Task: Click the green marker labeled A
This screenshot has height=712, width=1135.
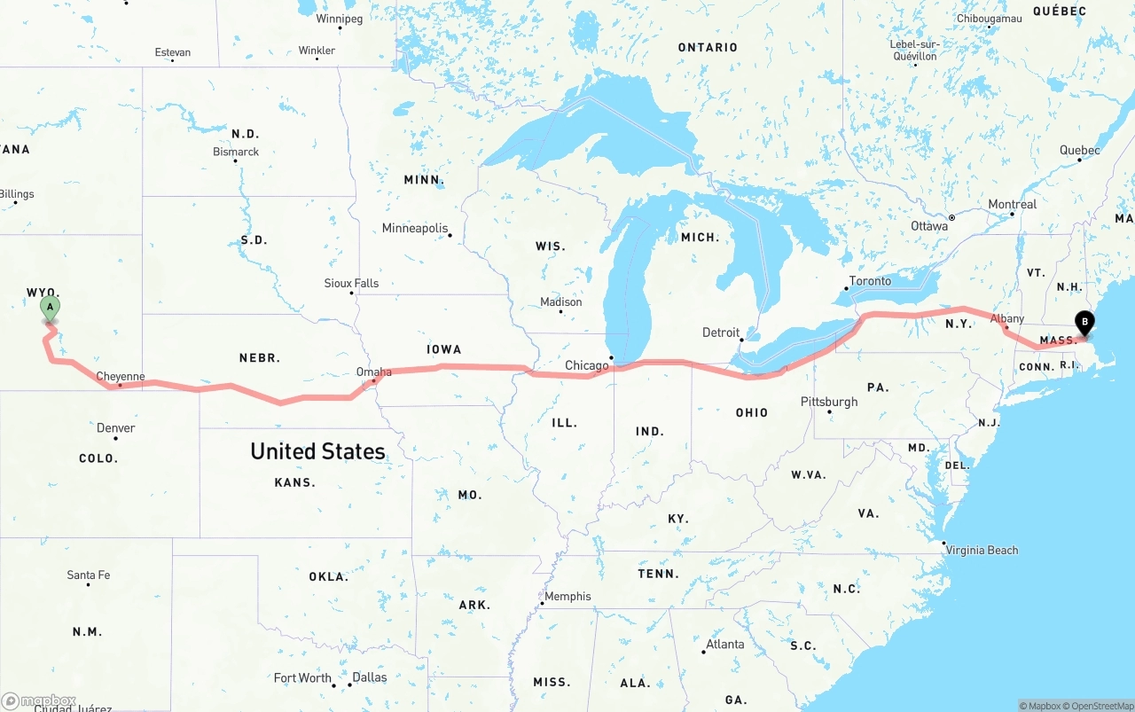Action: pos(51,308)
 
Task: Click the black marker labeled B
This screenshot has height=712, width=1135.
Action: pos(1084,323)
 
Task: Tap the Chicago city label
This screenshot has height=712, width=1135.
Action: pos(587,365)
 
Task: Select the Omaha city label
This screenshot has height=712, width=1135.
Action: pos(373,372)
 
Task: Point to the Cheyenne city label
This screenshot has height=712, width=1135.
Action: pos(120,377)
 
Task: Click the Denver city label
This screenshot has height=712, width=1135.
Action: pos(115,428)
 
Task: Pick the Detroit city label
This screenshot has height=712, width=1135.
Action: pos(721,333)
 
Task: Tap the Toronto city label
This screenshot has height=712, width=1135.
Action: pos(870,281)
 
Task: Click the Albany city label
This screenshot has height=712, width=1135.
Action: pos(1007,318)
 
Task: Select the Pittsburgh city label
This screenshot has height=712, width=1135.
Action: pos(829,402)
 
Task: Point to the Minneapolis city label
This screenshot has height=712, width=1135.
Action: pos(415,229)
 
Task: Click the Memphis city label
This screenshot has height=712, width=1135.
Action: pos(567,597)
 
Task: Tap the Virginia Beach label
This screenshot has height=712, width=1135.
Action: pos(982,550)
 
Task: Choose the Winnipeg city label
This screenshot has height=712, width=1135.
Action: pos(339,19)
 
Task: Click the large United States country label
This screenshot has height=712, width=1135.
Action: pos(317,451)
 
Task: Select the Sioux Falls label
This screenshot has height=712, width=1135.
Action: pos(351,284)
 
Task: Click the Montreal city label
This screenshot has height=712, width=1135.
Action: pos(1012,205)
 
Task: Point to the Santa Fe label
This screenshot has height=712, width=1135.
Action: pos(89,575)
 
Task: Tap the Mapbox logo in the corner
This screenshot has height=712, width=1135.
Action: pos(39,700)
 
